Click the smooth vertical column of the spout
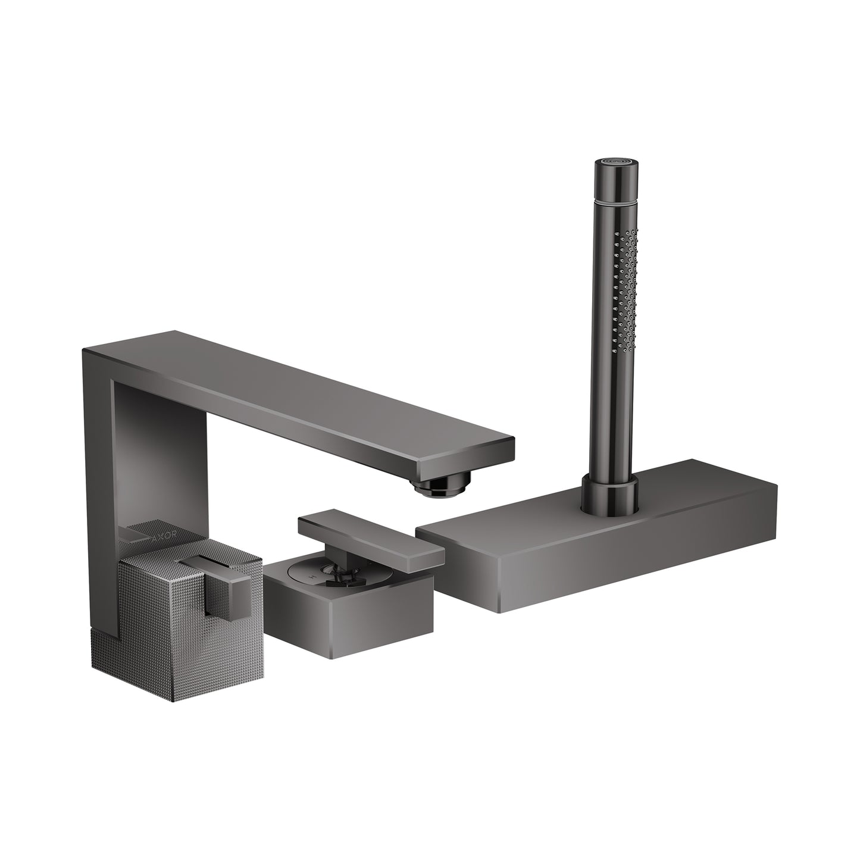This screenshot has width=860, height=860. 98,476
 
